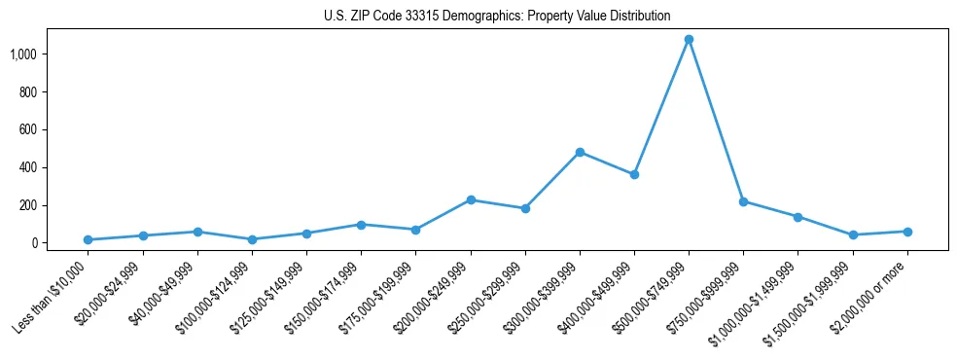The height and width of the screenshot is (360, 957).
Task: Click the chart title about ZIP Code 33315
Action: [x=497, y=16]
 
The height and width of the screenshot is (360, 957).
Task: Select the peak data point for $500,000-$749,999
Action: [x=689, y=40]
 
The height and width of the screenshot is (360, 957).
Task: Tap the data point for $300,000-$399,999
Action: [x=580, y=152]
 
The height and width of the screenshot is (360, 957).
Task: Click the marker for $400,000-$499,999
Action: [x=634, y=175]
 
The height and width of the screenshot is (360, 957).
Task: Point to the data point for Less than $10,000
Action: [x=89, y=239]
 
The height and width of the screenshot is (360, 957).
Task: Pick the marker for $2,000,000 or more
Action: [x=907, y=232]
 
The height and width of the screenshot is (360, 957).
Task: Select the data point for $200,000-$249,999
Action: [x=471, y=200]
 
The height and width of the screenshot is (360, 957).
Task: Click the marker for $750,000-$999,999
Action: [x=743, y=201]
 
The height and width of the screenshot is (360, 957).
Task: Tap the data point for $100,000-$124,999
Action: [x=252, y=239]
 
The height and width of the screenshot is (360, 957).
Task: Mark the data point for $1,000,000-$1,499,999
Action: [x=797, y=217]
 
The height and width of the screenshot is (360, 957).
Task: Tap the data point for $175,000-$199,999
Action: [x=415, y=230]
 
